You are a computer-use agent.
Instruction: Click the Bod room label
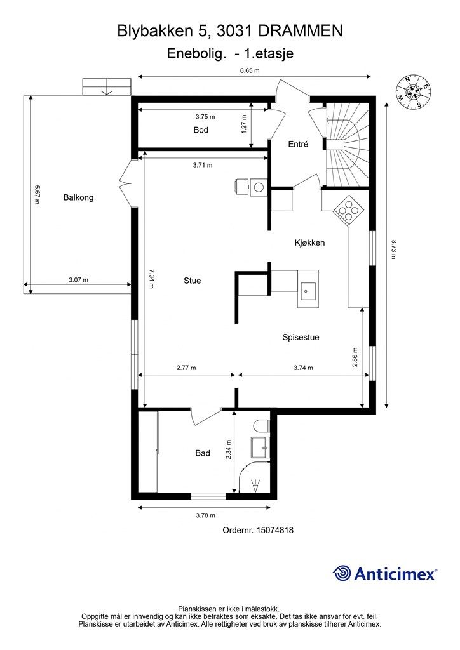(x=201, y=130)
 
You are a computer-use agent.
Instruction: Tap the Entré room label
(x=298, y=144)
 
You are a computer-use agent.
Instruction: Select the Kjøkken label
(x=310, y=242)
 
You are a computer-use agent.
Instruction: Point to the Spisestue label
(x=301, y=338)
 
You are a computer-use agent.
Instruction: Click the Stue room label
(x=192, y=281)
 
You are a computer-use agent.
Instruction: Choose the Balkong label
(x=78, y=198)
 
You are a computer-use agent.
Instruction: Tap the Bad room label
(x=203, y=453)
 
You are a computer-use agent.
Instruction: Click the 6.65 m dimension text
(x=250, y=70)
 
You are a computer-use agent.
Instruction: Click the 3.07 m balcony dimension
(x=78, y=280)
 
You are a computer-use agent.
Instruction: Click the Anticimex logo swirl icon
(x=342, y=573)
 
